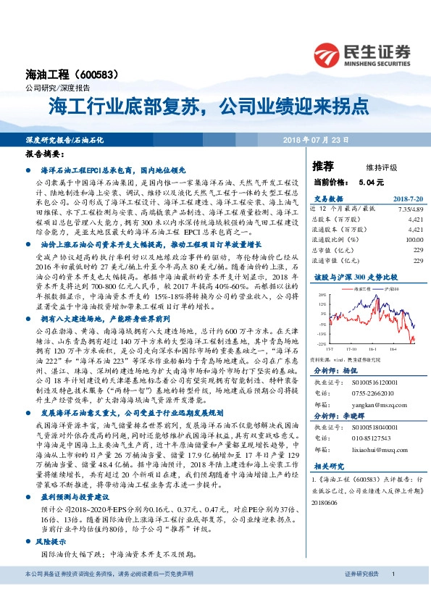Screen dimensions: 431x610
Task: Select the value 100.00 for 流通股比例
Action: pos(414,238)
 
